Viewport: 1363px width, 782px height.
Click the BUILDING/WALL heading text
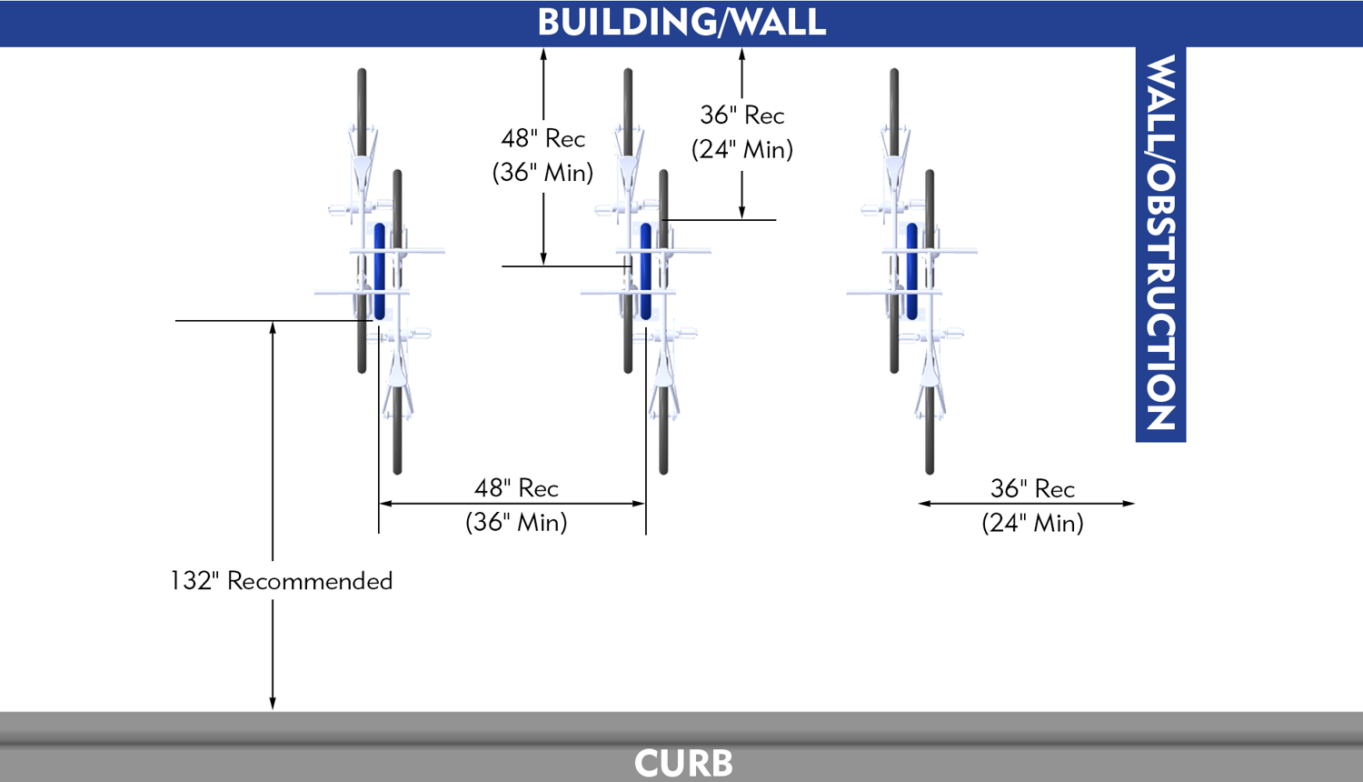681,23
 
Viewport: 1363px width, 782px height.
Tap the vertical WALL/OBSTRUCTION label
1160,243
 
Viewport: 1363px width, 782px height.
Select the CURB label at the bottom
683,763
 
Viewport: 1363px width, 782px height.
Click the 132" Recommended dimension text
282,581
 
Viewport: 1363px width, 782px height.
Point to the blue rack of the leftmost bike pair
379,271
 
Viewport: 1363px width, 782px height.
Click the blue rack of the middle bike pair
645,271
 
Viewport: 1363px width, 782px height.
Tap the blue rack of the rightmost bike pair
911,271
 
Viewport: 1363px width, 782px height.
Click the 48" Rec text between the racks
516,488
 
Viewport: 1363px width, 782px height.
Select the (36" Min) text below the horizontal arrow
516,522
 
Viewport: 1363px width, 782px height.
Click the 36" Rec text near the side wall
1032,489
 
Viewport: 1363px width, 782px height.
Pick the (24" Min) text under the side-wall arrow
1032,523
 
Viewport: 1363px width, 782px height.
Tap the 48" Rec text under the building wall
543,138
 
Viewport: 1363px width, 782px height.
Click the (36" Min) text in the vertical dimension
543,172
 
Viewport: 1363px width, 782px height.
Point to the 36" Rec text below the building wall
741,115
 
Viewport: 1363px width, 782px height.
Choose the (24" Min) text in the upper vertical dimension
741,149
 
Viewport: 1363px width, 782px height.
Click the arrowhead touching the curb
273,703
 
